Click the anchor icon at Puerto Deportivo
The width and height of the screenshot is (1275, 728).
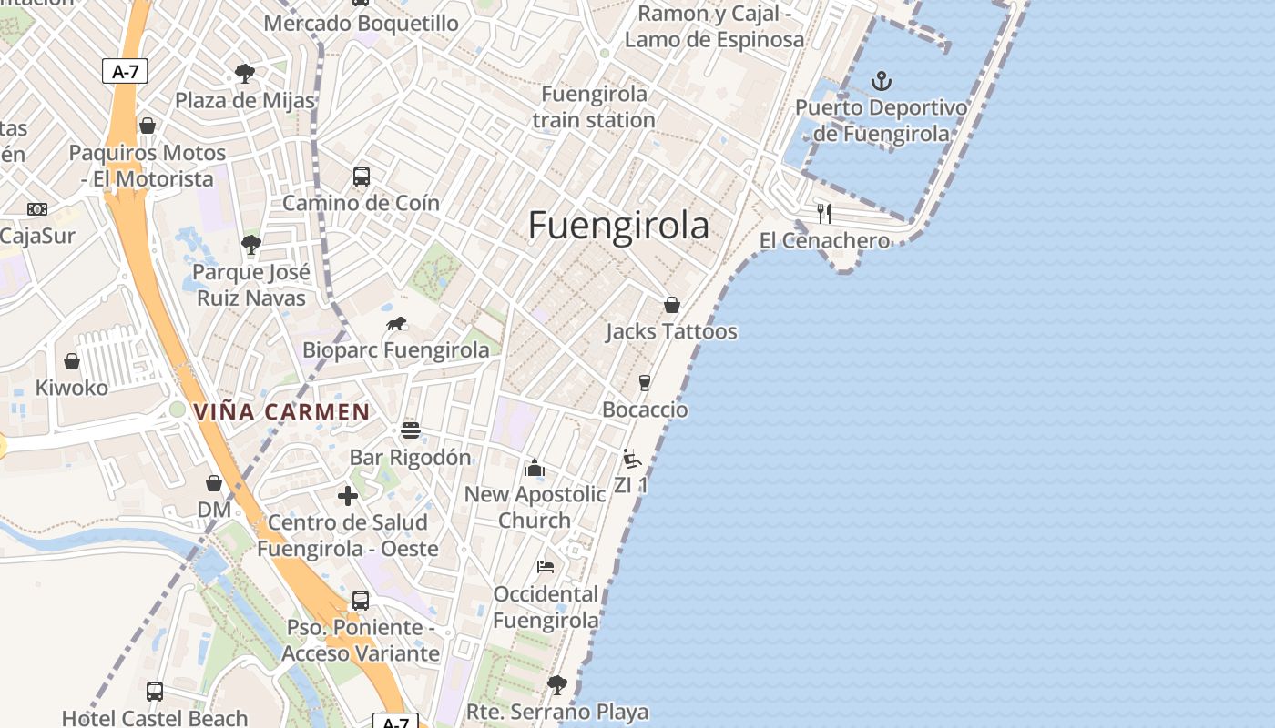pos(881,82)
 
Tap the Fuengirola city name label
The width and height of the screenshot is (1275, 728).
pos(618,225)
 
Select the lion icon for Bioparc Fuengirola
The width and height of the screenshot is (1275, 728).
pos(396,324)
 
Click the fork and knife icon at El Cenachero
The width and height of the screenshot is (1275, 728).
pos(824,214)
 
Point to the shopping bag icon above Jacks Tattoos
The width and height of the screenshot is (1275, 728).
pos(672,305)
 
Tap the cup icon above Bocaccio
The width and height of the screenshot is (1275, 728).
pos(645,383)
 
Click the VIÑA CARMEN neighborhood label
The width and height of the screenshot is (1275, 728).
pos(281,412)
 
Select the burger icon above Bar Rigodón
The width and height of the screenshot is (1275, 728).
pos(411,430)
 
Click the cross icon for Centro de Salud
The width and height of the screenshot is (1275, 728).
pos(348,496)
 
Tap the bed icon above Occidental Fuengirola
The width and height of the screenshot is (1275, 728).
pos(546,567)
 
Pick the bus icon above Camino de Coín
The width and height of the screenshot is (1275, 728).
pos(362,177)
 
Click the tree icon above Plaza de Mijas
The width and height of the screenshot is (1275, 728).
pos(244,74)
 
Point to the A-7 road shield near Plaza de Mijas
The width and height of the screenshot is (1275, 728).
pos(125,71)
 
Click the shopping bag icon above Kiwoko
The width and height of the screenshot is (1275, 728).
pos(72,362)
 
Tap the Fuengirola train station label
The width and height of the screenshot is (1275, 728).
pos(594,107)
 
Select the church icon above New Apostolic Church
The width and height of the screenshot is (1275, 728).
pos(534,468)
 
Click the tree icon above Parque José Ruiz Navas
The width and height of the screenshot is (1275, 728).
pos(250,244)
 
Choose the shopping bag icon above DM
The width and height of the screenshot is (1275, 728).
pos(214,483)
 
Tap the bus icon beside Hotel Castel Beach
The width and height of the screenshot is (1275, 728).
pos(155,692)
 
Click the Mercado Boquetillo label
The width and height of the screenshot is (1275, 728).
pos(362,23)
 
